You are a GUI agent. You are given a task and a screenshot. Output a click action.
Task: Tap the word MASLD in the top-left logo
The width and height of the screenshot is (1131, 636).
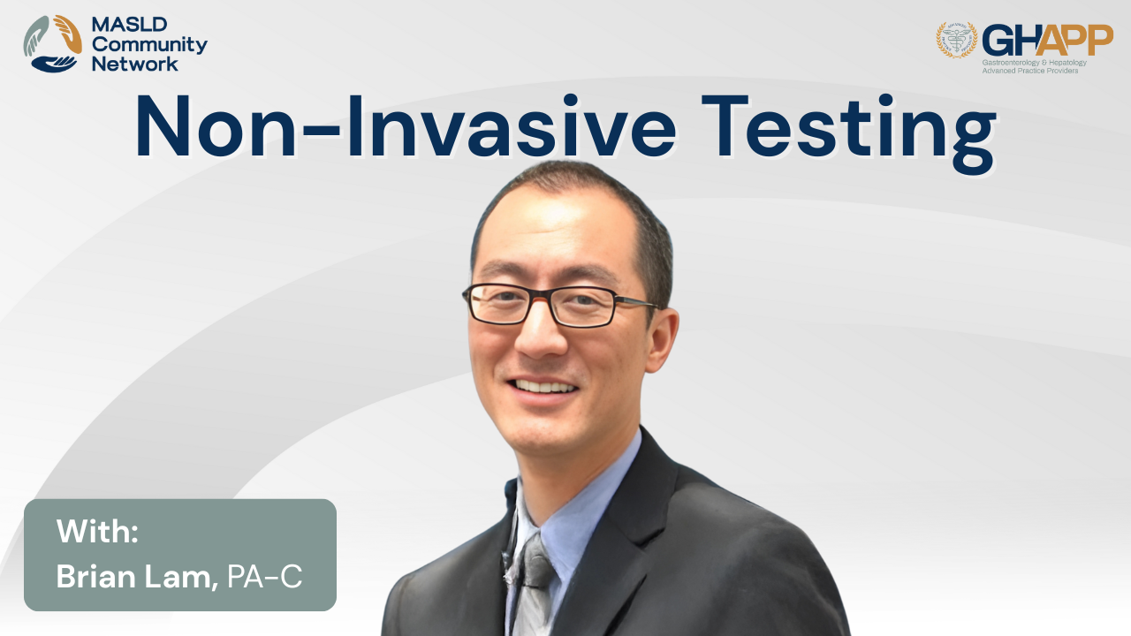click(x=129, y=24)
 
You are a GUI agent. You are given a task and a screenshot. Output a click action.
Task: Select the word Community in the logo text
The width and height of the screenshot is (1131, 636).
click(x=149, y=45)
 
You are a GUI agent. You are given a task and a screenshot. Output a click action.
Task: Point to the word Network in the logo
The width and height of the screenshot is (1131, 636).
click(x=135, y=64)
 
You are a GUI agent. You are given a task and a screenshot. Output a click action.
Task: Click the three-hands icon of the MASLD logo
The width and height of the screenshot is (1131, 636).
click(x=52, y=43)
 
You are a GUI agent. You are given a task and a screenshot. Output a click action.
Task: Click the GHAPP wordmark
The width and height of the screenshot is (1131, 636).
click(x=1047, y=41)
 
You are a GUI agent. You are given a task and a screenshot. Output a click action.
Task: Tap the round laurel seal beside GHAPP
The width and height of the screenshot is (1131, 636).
click(x=957, y=40)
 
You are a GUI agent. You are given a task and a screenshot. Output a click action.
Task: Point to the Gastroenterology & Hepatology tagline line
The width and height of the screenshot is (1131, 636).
click(x=1034, y=63)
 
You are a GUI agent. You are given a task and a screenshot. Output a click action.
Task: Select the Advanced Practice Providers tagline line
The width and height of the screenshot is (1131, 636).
click(x=1030, y=71)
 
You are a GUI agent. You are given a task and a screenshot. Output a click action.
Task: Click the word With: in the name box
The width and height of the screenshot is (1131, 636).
click(x=97, y=531)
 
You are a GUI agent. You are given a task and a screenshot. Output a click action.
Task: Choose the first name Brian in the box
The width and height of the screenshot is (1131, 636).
click(x=95, y=576)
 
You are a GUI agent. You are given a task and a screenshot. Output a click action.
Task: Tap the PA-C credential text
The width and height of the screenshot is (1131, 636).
click(x=264, y=577)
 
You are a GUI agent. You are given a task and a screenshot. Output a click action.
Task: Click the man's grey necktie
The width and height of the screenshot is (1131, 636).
click(x=534, y=586)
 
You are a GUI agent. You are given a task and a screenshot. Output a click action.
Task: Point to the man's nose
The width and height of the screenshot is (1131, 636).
click(x=539, y=333)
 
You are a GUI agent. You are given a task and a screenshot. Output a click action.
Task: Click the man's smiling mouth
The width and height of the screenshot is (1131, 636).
click(x=543, y=388)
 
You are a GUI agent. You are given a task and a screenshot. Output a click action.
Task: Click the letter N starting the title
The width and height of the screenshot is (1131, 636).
click(x=163, y=126)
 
